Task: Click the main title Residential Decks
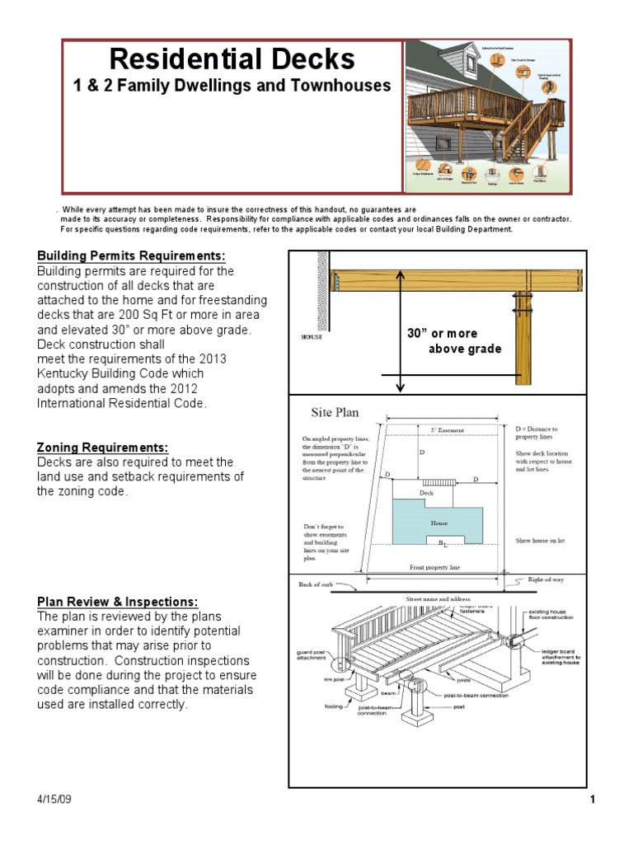pos(232,59)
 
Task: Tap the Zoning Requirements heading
pos(102,448)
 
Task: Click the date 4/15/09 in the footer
pos(54,800)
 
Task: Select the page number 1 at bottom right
pos(592,800)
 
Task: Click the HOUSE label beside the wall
pos(312,336)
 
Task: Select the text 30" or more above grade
pos(453,341)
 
